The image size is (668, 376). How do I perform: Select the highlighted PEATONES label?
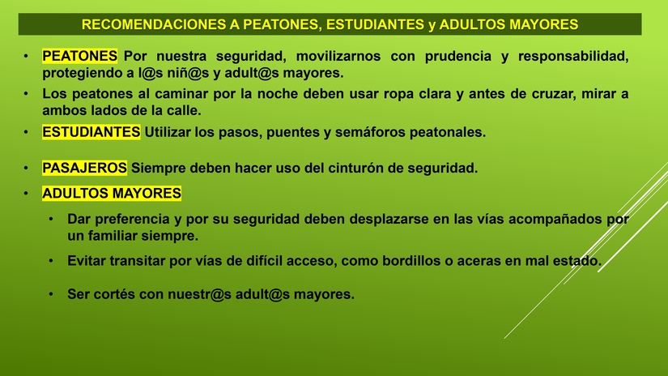click(x=80, y=56)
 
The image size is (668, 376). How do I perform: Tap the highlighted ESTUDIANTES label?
click(x=91, y=131)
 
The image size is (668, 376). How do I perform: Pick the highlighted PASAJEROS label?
click(x=84, y=169)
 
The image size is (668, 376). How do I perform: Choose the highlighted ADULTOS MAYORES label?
click(x=112, y=194)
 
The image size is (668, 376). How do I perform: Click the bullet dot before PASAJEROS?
click(x=26, y=169)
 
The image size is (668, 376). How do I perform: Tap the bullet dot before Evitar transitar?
click(x=51, y=262)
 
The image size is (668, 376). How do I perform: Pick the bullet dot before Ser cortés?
click(x=51, y=294)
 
